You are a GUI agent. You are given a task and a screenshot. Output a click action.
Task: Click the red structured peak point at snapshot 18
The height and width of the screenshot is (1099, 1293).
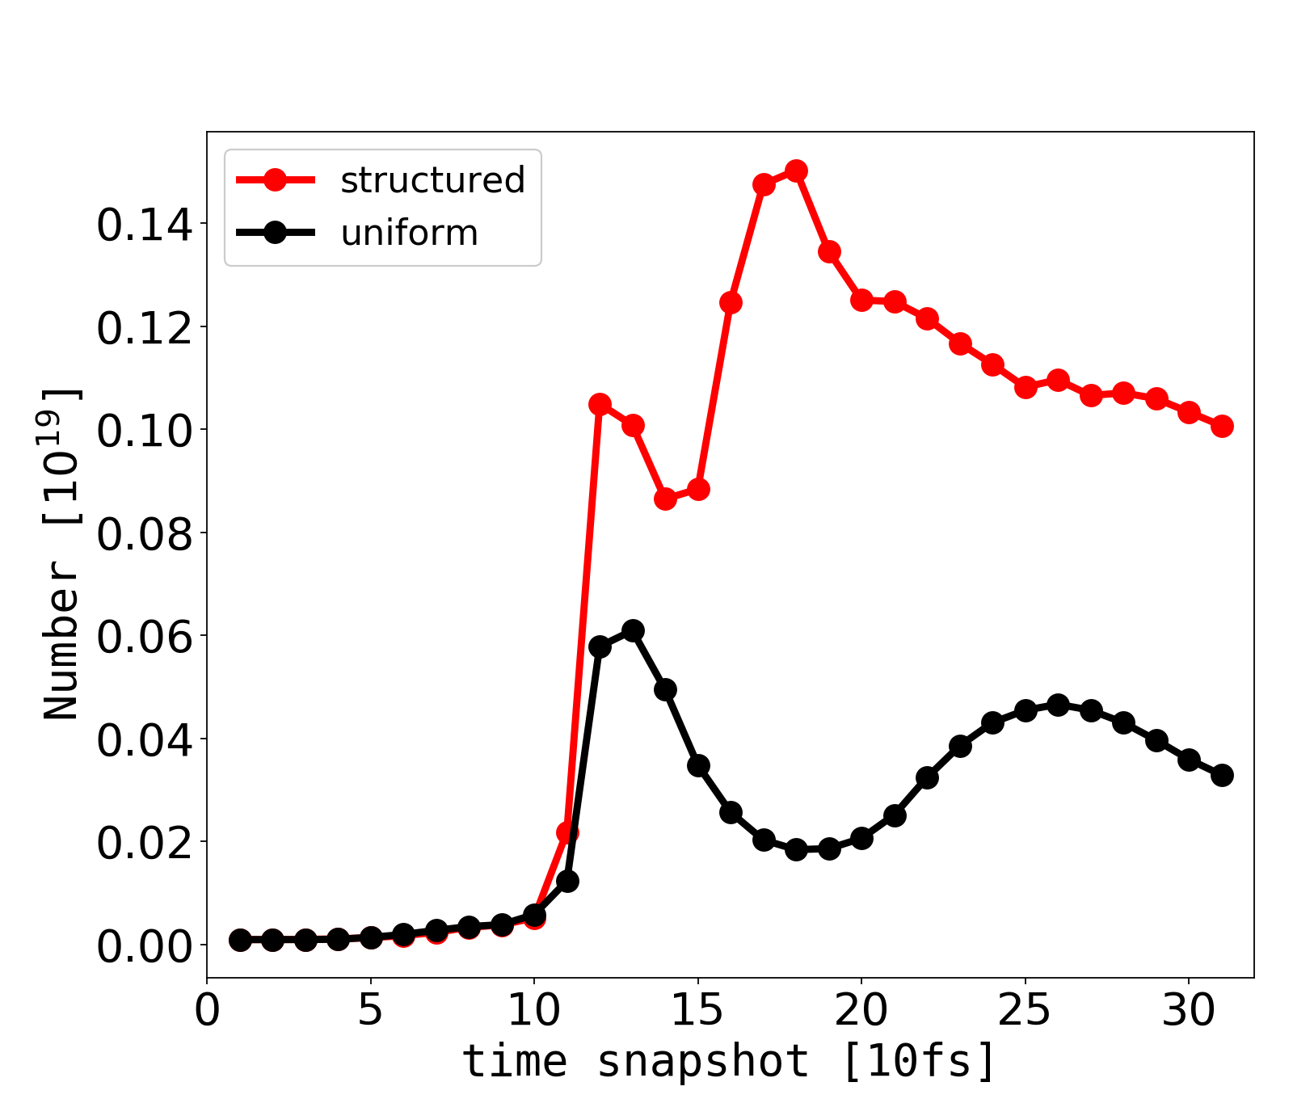point(796,171)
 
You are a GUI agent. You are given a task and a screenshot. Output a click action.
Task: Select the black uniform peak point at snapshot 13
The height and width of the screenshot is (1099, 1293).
point(633,630)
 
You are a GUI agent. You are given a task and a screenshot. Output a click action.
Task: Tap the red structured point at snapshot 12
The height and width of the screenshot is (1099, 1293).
point(600,404)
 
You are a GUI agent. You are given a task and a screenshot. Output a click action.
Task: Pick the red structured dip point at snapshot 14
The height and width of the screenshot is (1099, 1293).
point(665,499)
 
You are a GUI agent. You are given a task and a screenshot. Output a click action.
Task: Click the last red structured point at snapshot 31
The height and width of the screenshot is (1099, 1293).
point(1222,426)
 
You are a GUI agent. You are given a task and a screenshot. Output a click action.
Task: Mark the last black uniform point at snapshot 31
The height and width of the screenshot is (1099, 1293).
point(1222,775)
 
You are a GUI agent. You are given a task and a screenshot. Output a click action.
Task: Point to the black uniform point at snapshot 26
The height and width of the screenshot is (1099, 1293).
point(1058,705)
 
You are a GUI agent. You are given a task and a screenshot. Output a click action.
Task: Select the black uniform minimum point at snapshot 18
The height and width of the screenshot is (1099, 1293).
point(796,849)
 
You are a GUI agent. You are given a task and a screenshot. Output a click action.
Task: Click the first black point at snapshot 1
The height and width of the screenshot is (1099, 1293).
point(240,940)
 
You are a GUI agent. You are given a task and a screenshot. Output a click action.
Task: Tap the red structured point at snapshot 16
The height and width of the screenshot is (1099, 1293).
point(731,302)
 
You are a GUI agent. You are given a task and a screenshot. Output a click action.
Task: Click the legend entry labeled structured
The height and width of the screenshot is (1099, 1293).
point(432,180)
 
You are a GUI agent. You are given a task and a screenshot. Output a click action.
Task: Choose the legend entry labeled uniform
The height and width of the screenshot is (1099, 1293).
point(409,233)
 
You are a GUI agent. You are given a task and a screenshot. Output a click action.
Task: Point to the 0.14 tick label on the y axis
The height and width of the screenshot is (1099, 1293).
point(145,225)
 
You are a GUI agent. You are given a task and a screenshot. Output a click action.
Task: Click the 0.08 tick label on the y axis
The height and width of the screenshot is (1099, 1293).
point(145,533)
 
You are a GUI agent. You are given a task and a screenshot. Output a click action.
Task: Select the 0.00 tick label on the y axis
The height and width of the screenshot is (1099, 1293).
point(145,945)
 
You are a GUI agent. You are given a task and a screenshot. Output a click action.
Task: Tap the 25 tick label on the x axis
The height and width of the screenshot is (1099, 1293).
point(1025,1010)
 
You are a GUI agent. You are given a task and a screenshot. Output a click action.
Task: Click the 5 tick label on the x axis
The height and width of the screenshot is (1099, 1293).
point(370,1010)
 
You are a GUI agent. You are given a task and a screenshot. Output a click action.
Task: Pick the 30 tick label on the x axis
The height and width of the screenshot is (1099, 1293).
point(1189,1010)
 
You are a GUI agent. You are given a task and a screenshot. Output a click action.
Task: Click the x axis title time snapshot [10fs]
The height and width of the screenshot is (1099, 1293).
point(730,1060)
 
